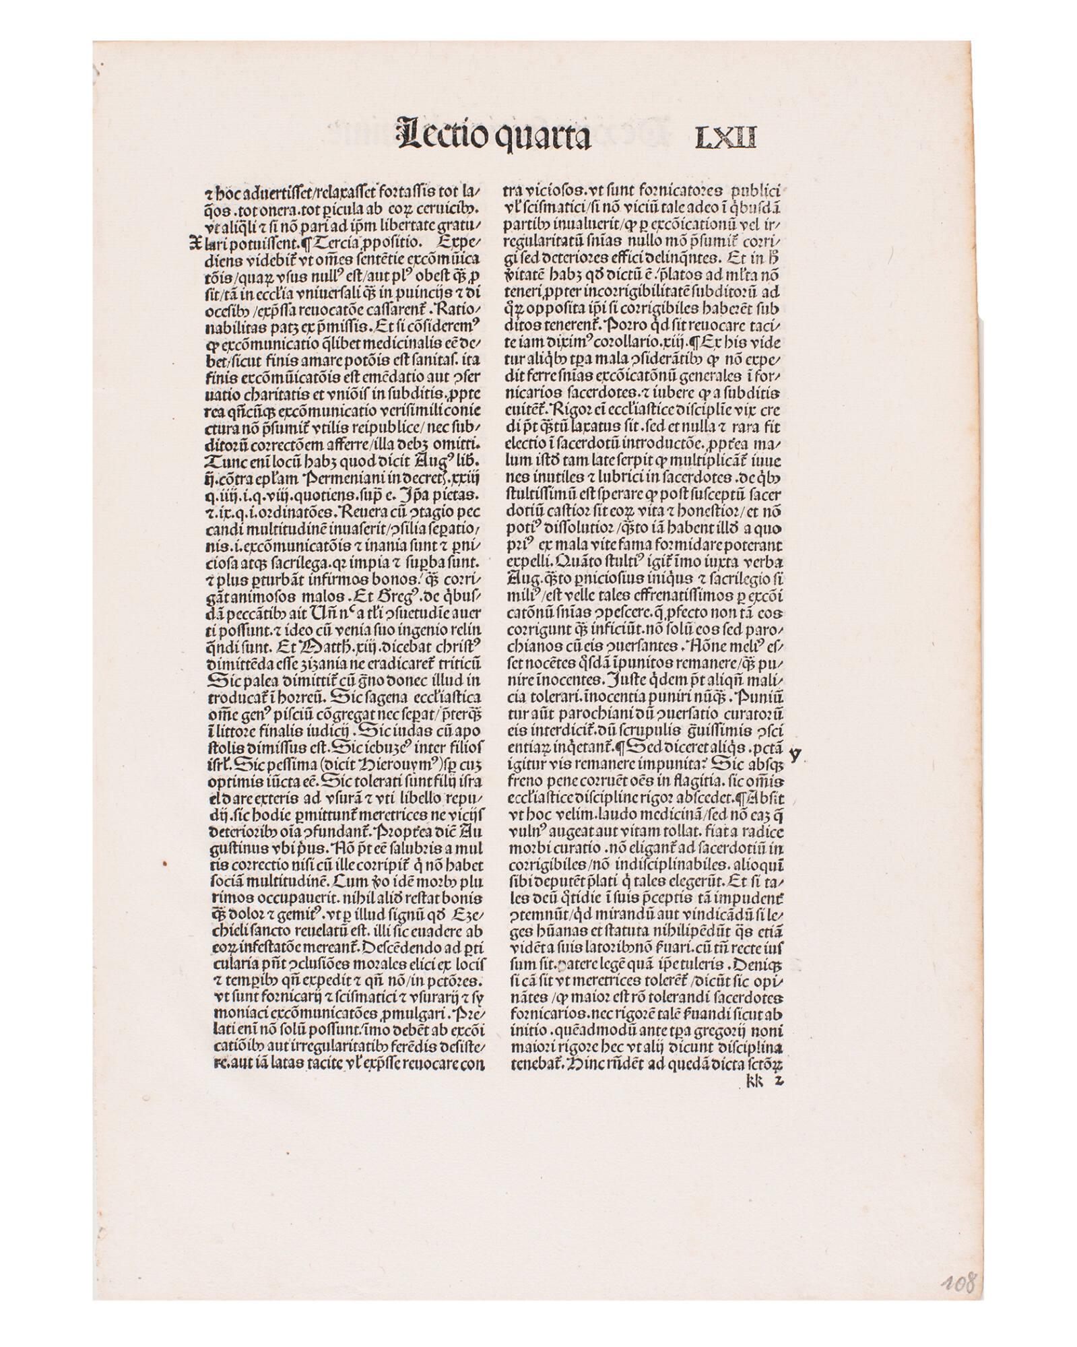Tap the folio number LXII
[x=725, y=137]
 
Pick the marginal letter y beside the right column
[x=795, y=754]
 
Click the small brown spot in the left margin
[x=164, y=861]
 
